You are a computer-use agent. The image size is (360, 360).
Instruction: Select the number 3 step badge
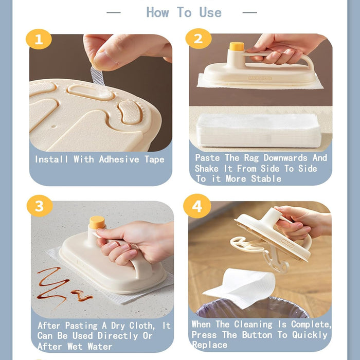coord(40,206)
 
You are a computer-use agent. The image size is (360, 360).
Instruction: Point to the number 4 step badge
coord(197,206)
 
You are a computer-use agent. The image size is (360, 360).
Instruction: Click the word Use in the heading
coord(210,12)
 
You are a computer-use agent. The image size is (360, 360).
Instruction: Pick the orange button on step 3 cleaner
coord(97,222)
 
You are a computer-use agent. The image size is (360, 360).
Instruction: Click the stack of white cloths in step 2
coord(260,129)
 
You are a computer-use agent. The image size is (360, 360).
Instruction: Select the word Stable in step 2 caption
coord(266,179)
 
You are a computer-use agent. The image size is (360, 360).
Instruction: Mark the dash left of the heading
coord(114,12)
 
